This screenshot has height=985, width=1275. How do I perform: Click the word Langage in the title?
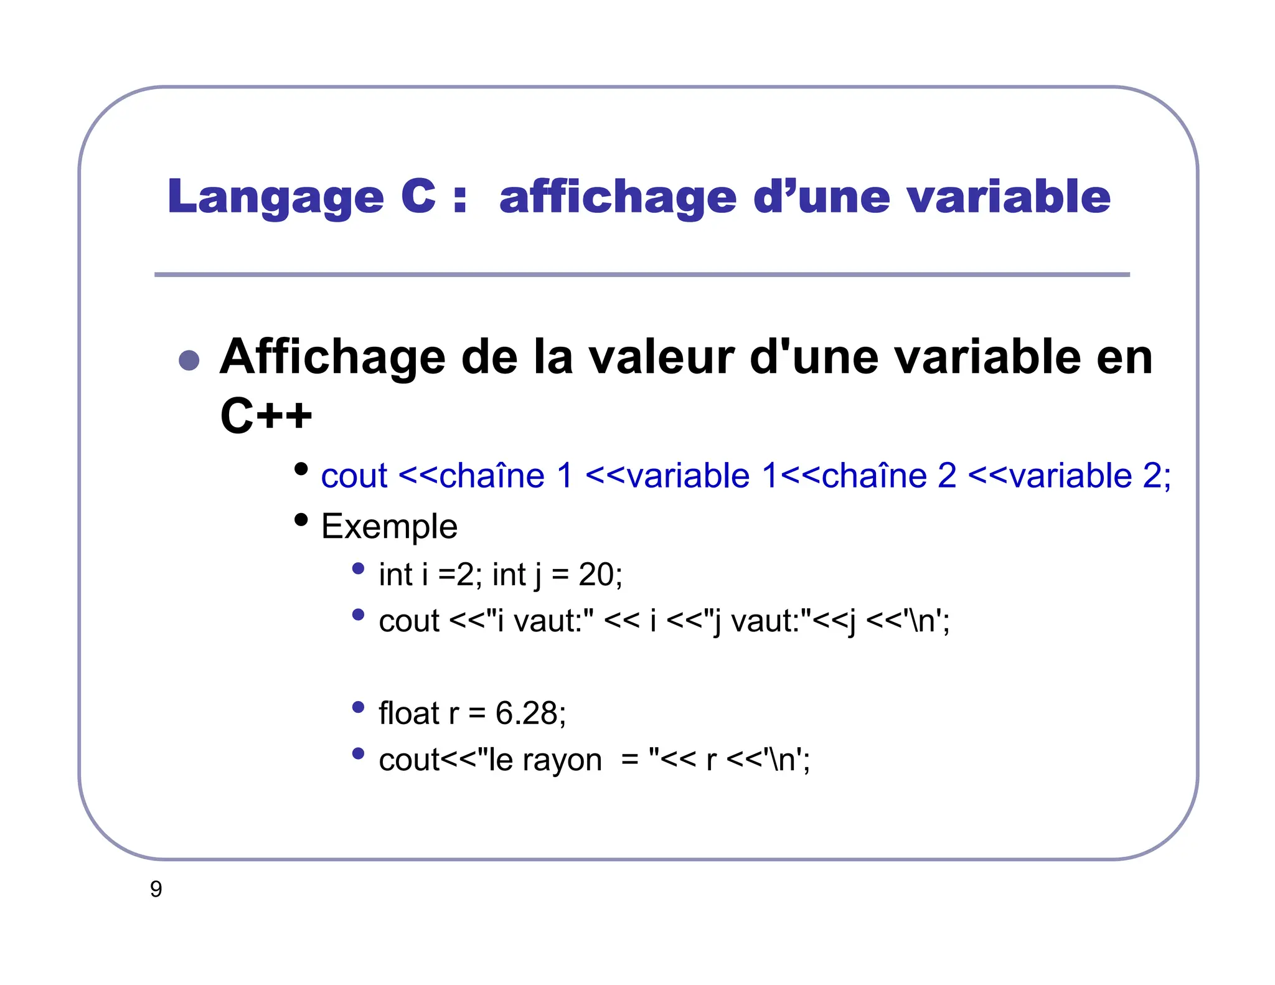click(x=275, y=197)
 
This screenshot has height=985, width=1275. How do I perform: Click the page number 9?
click(x=156, y=889)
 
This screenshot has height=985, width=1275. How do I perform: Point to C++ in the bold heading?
click(x=266, y=415)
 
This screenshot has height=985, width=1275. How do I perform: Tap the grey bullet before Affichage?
click(x=189, y=360)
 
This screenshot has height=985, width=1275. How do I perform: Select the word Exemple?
click(x=389, y=526)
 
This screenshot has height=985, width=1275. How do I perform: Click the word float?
click(x=409, y=713)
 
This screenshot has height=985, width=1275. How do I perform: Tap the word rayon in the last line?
click(x=562, y=760)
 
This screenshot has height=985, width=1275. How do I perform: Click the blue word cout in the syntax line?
click(x=354, y=476)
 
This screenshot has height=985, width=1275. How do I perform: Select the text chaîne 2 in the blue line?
click(x=888, y=476)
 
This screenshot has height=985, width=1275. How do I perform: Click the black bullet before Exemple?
click(x=301, y=519)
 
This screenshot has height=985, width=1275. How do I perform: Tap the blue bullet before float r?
click(x=358, y=707)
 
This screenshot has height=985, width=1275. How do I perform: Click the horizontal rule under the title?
click(x=641, y=275)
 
